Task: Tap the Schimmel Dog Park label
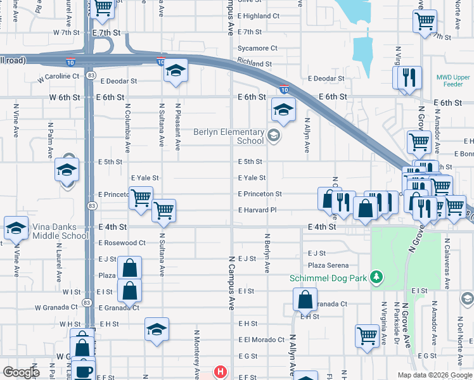click(x=330, y=277)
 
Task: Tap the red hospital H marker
click(x=221, y=372)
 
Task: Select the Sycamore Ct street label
click(x=257, y=48)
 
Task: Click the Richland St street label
click(x=254, y=64)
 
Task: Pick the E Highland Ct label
click(x=258, y=16)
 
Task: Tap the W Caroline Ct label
click(x=58, y=77)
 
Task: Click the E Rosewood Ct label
click(x=122, y=243)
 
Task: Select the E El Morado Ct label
click(x=257, y=339)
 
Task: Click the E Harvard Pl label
click(x=257, y=210)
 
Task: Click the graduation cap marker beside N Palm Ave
click(x=67, y=170)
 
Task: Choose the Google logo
click(x=22, y=372)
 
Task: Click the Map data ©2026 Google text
click(x=434, y=375)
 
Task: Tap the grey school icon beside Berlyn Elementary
click(x=274, y=135)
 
